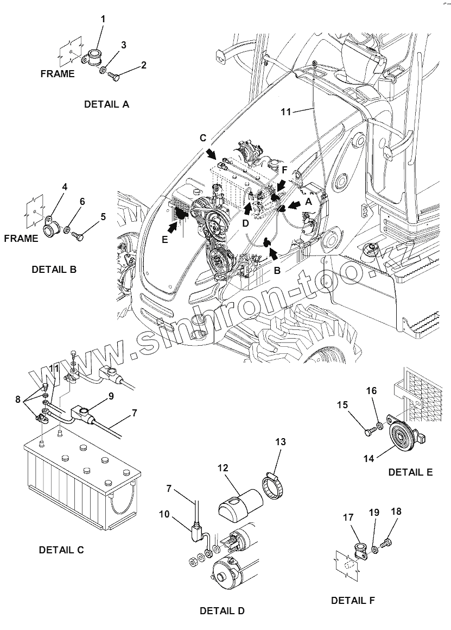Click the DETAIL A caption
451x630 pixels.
[x=106, y=104]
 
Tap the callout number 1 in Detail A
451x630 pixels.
[x=103, y=19]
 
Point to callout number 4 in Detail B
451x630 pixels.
[x=65, y=186]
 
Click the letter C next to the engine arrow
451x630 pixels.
[x=203, y=138]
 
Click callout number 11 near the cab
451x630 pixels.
[x=286, y=112]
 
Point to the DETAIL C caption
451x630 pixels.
[x=61, y=550]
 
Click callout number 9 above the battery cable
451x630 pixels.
[x=111, y=396]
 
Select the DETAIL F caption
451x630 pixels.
[x=353, y=600]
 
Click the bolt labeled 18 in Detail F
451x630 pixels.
[x=388, y=542]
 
